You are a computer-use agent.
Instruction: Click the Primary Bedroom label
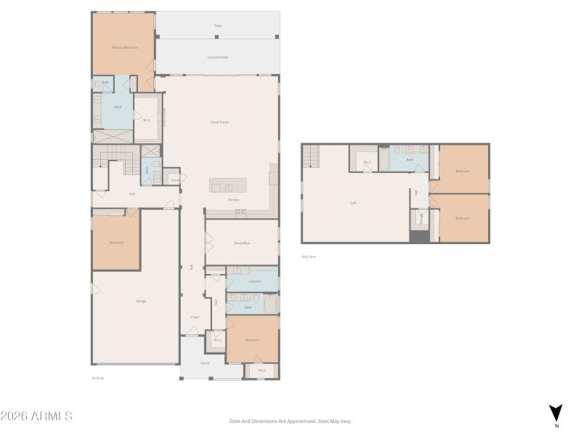tap(125, 47)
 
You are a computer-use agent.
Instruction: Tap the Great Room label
tap(220, 122)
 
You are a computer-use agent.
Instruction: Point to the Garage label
tap(141, 301)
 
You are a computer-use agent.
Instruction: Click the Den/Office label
tap(242, 243)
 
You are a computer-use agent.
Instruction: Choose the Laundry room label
tap(254, 281)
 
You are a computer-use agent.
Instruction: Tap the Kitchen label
tap(234, 200)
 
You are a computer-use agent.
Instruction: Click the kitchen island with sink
tap(228, 185)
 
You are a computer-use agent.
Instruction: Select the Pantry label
tap(175, 179)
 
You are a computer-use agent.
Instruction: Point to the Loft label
tap(354, 203)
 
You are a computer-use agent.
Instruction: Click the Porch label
tap(206, 363)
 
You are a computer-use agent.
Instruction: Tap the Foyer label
tap(195, 317)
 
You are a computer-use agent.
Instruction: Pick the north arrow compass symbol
tap(556, 412)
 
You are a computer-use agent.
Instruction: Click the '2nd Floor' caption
tap(309, 257)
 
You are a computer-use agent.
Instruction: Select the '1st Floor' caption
tap(98, 378)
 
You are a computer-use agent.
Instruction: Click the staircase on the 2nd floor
tap(311, 155)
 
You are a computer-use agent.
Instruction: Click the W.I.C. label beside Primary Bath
tap(147, 121)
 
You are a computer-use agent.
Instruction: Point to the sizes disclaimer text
tap(290, 421)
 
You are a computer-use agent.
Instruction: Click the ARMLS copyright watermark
tap(36, 416)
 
